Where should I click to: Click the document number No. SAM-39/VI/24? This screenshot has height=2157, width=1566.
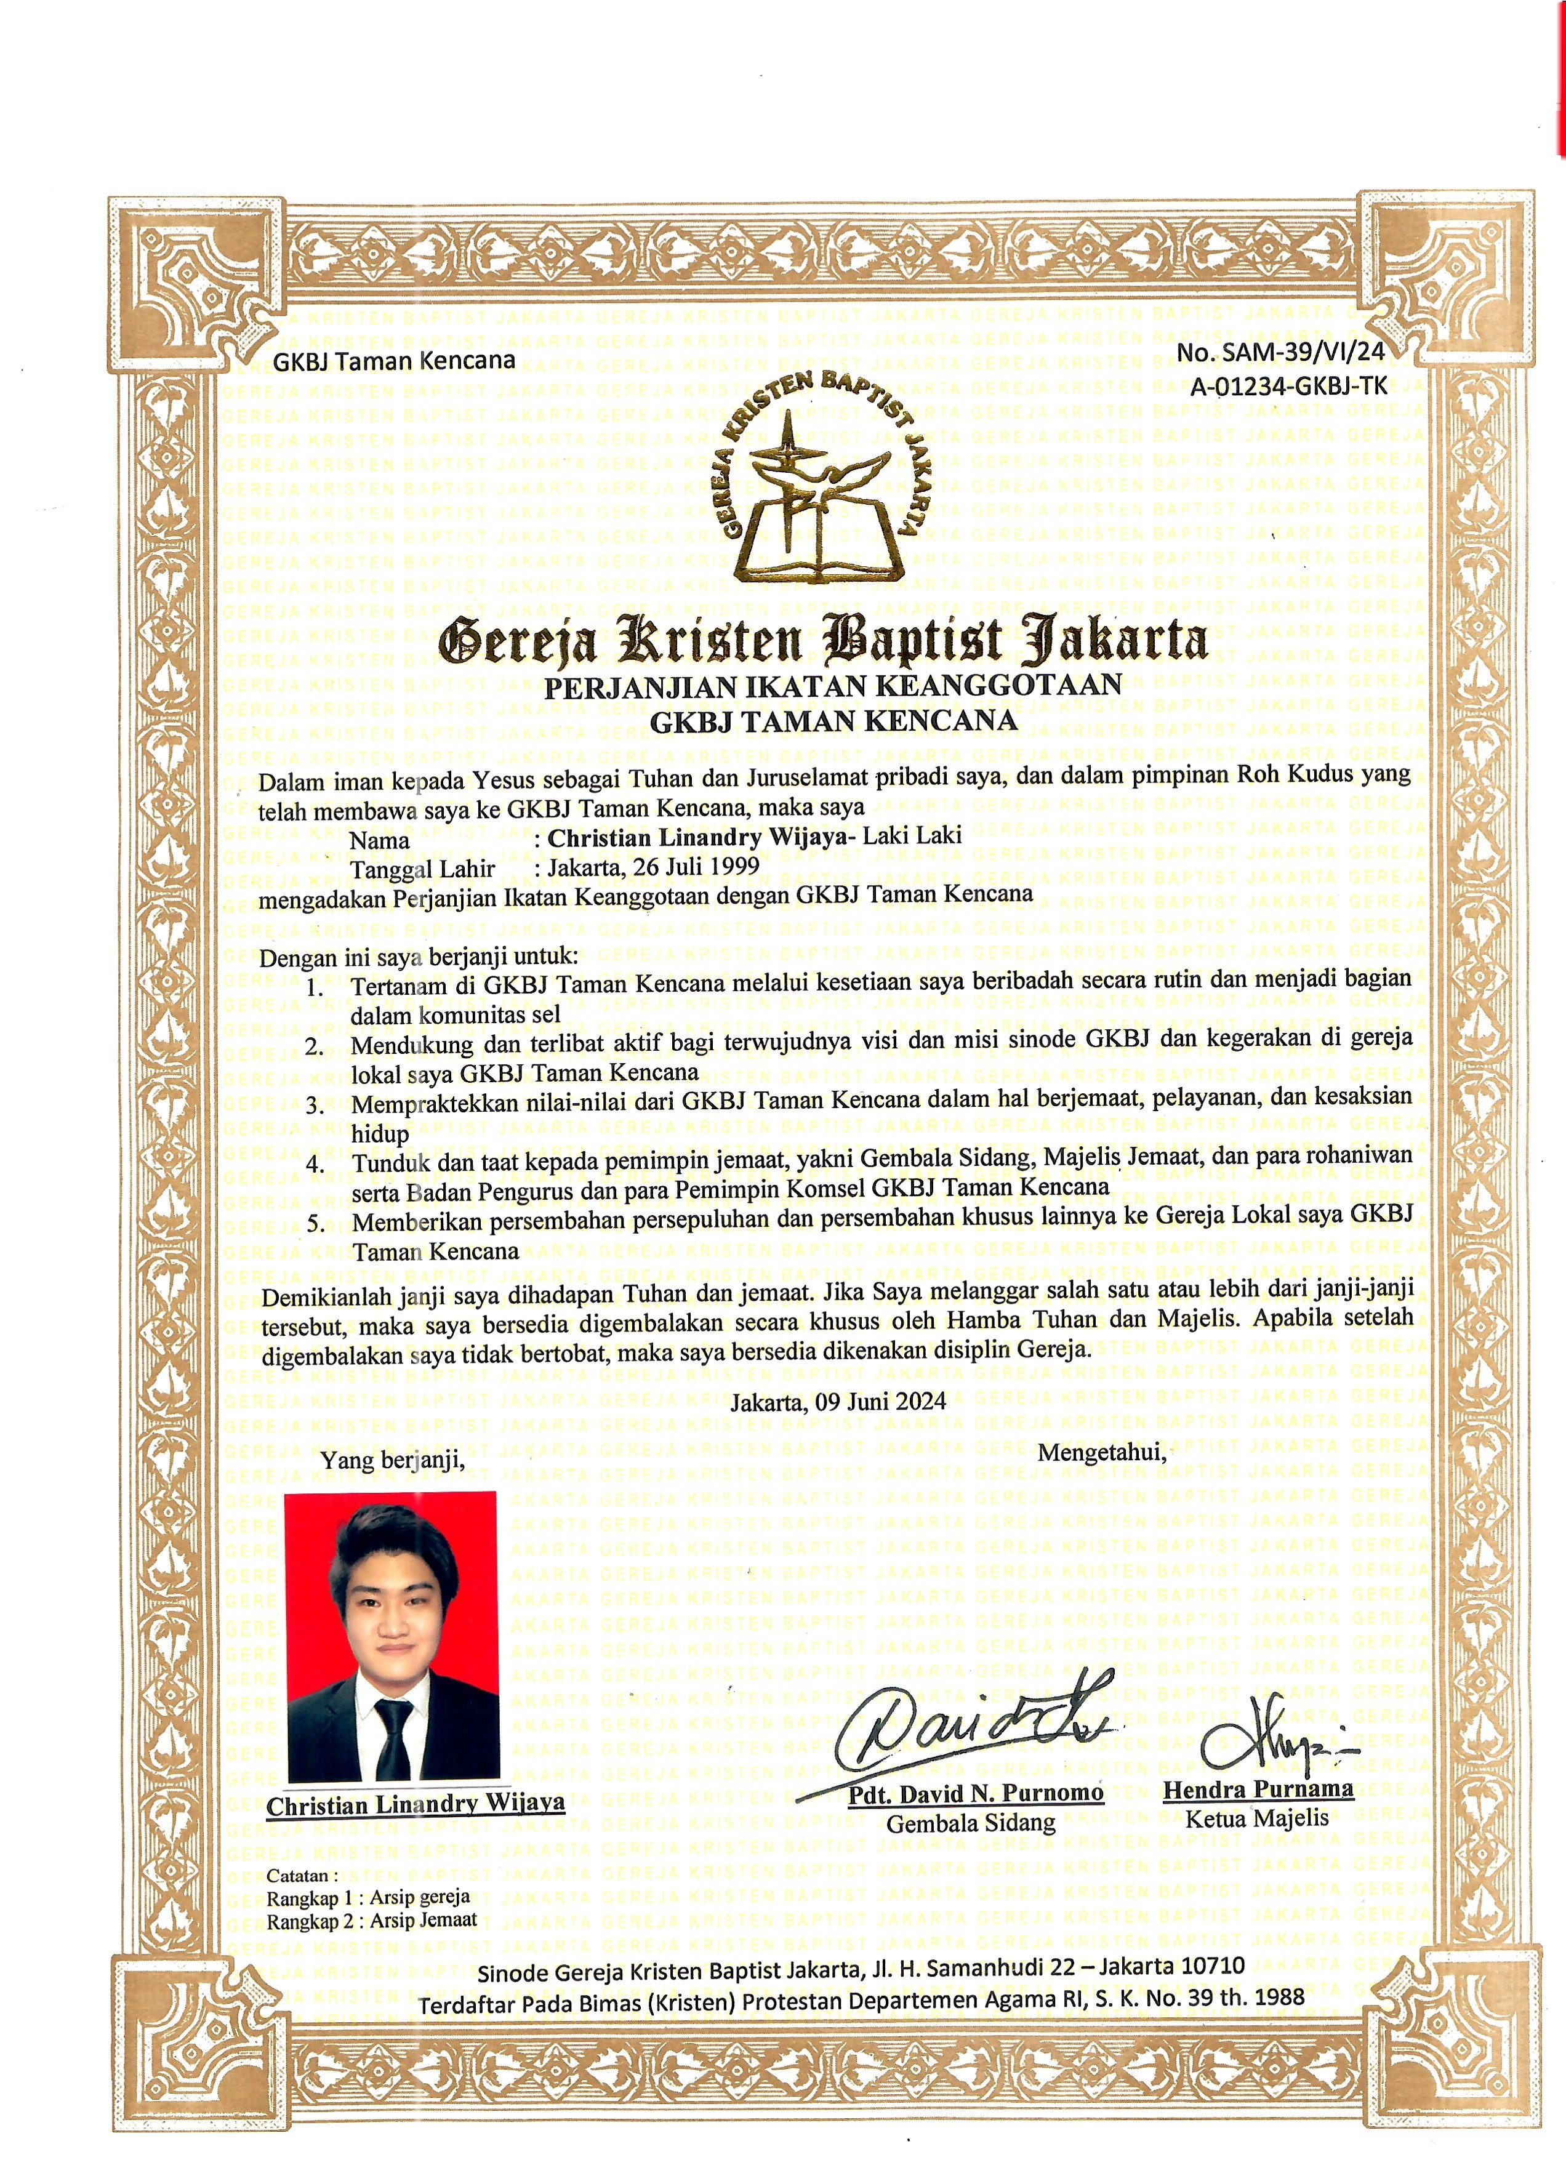pos(1281,353)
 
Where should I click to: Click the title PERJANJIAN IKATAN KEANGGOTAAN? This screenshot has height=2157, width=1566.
pos(833,686)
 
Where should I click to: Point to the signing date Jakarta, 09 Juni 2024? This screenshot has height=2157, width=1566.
pos(838,1402)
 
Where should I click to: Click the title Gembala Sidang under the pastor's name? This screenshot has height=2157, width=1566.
pos(971,1823)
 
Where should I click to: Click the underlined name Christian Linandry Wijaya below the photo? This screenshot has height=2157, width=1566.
pos(416,1804)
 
